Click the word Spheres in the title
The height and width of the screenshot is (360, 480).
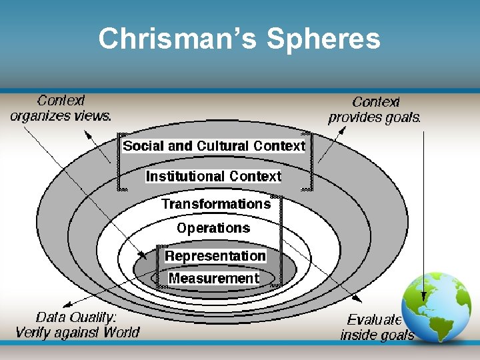click(323, 39)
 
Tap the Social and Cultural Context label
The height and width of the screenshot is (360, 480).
click(214, 145)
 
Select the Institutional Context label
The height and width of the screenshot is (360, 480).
click(214, 177)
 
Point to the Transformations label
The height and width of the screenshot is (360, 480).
click(216, 204)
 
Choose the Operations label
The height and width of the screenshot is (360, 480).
click(213, 228)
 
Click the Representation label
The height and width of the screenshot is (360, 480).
click(215, 256)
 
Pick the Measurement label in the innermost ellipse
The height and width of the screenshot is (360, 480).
click(213, 278)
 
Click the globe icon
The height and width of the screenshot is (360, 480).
click(437, 307)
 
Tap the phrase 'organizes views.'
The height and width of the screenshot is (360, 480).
click(61, 116)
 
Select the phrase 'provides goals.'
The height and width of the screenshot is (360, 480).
click(375, 118)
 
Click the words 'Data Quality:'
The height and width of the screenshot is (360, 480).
click(76, 317)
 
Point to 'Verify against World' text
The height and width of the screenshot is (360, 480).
click(77, 332)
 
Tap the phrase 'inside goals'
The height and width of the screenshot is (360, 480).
click(377, 335)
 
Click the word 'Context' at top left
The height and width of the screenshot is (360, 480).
click(61, 101)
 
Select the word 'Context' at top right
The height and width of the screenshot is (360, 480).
click(375, 102)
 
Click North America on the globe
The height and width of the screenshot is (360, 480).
click(427, 293)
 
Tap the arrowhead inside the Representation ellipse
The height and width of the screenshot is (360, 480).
click(145, 255)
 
